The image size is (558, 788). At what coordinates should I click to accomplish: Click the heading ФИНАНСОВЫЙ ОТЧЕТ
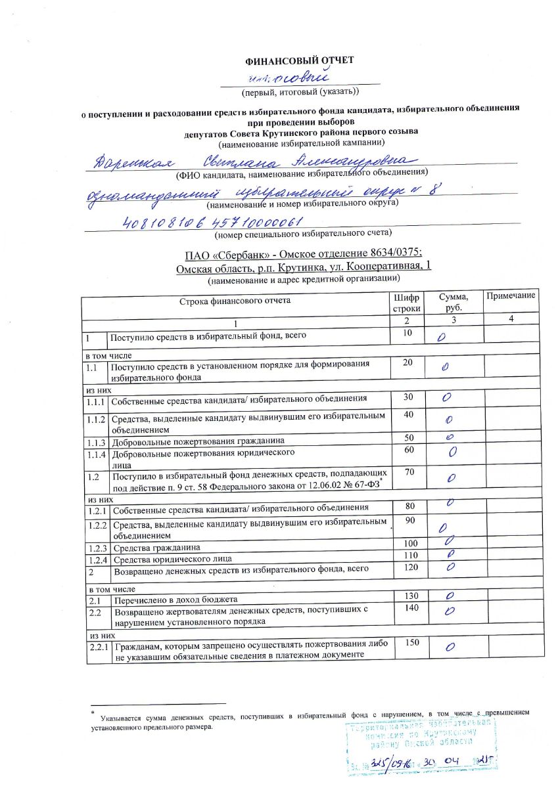pos(299,60)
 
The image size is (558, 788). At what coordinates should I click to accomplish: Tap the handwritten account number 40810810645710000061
pos(212,222)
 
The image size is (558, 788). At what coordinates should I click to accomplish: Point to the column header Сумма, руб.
pos(451,302)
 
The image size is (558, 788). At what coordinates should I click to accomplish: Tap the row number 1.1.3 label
pos(95,441)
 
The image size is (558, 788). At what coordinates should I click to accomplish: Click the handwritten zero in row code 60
pos(452,452)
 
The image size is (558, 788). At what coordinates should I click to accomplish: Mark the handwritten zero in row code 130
pos(450,597)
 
